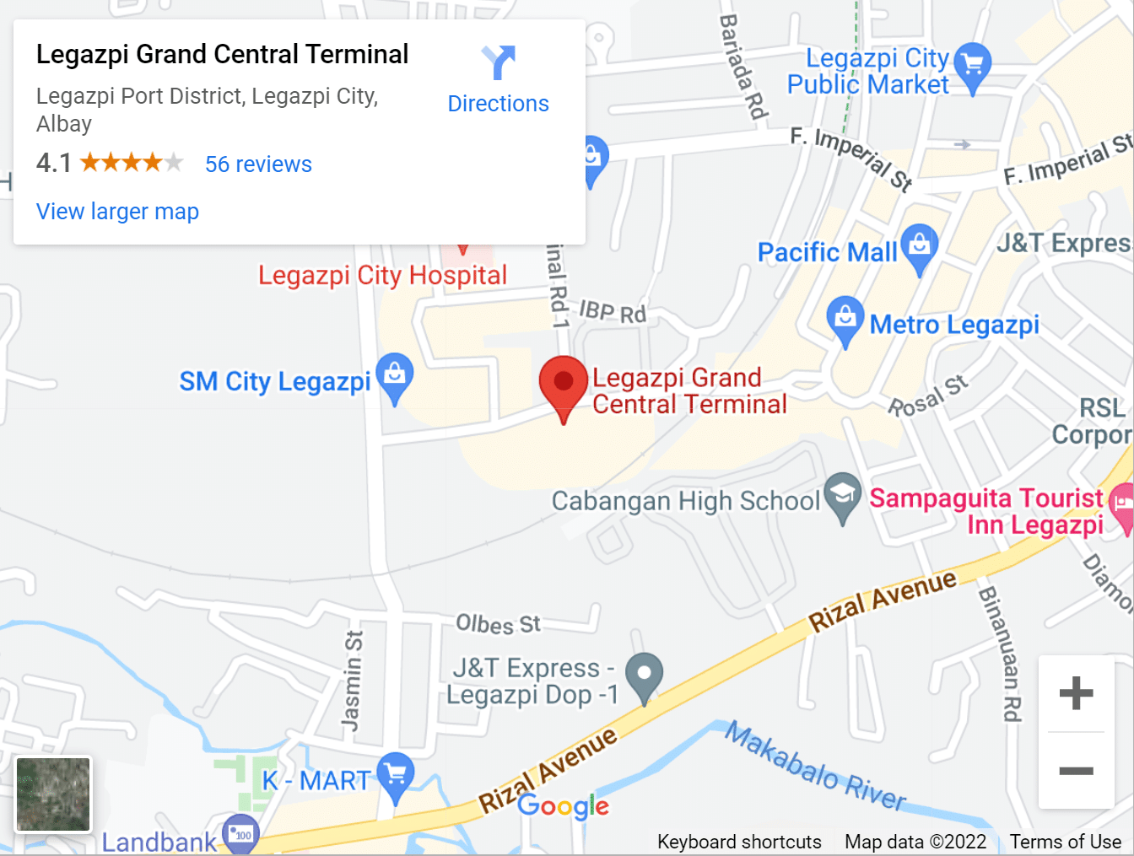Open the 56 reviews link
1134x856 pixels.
258,164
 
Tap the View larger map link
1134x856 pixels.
117,212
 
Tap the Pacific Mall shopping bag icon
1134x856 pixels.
919,246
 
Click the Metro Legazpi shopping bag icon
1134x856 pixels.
845,319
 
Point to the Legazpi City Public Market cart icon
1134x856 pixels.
973,65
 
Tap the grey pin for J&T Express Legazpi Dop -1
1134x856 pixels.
644,676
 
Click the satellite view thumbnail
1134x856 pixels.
53,794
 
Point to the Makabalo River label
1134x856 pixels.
815,768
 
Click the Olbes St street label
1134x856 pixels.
498,624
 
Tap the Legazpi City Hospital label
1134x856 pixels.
382,276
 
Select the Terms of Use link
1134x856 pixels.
1065,842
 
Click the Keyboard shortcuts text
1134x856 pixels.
739,842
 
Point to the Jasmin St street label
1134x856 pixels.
352,681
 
